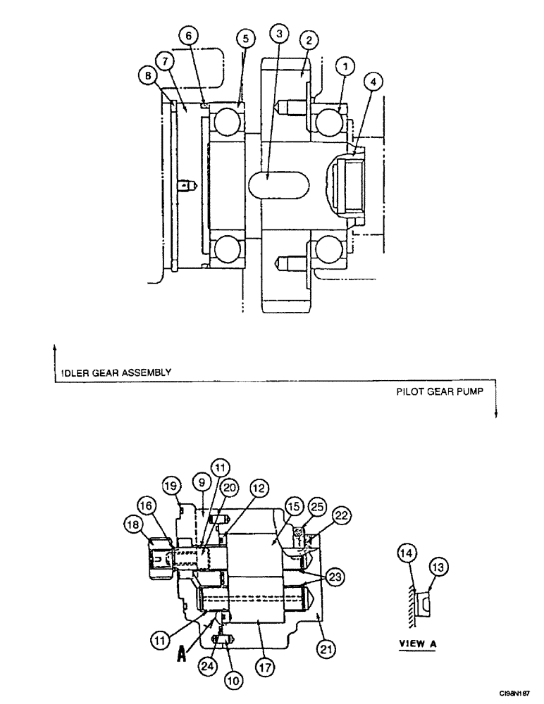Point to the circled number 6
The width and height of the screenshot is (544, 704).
pos(192,35)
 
